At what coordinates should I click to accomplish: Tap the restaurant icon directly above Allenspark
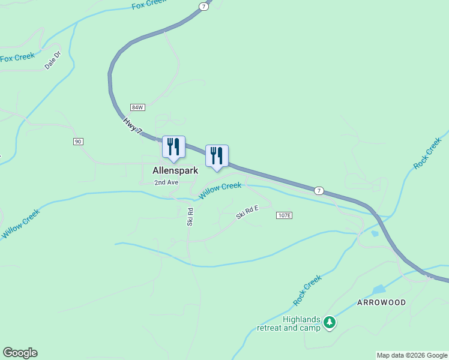pyautogui.click(x=173, y=147)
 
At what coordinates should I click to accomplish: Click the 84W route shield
pyautogui.click(x=137, y=107)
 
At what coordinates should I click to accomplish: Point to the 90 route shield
pyautogui.click(x=78, y=141)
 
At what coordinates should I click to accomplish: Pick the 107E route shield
pyautogui.click(x=284, y=215)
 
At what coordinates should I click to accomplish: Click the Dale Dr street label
pyautogui.click(x=53, y=61)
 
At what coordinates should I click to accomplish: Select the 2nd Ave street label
pyautogui.click(x=166, y=182)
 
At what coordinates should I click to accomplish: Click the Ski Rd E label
pyautogui.click(x=247, y=212)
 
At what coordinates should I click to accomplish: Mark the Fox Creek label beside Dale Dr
pyautogui.click(x=17, y=58)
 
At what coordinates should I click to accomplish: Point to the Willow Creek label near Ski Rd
pyautogui.click(x=220, y=190)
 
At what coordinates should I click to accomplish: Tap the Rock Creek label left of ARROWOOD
pyautogui.click(x=307, y=289)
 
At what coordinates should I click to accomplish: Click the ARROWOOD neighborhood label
pyautogui.click(x=381, y=302)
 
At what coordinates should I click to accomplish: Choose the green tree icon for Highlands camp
pyautogui.click(x=329, y=323)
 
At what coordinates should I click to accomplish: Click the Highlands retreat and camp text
pyautogui.click(x=288, y=323)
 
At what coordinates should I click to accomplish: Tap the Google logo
pyautogui.click(x=20, y=353)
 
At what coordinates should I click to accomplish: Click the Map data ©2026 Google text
pyautogui.click(x=412, y=355)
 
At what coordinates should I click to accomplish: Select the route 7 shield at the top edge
pyautogui.click(x=204, y=6)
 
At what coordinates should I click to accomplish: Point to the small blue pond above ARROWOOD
pyautogui.click(x=379, y=290)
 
